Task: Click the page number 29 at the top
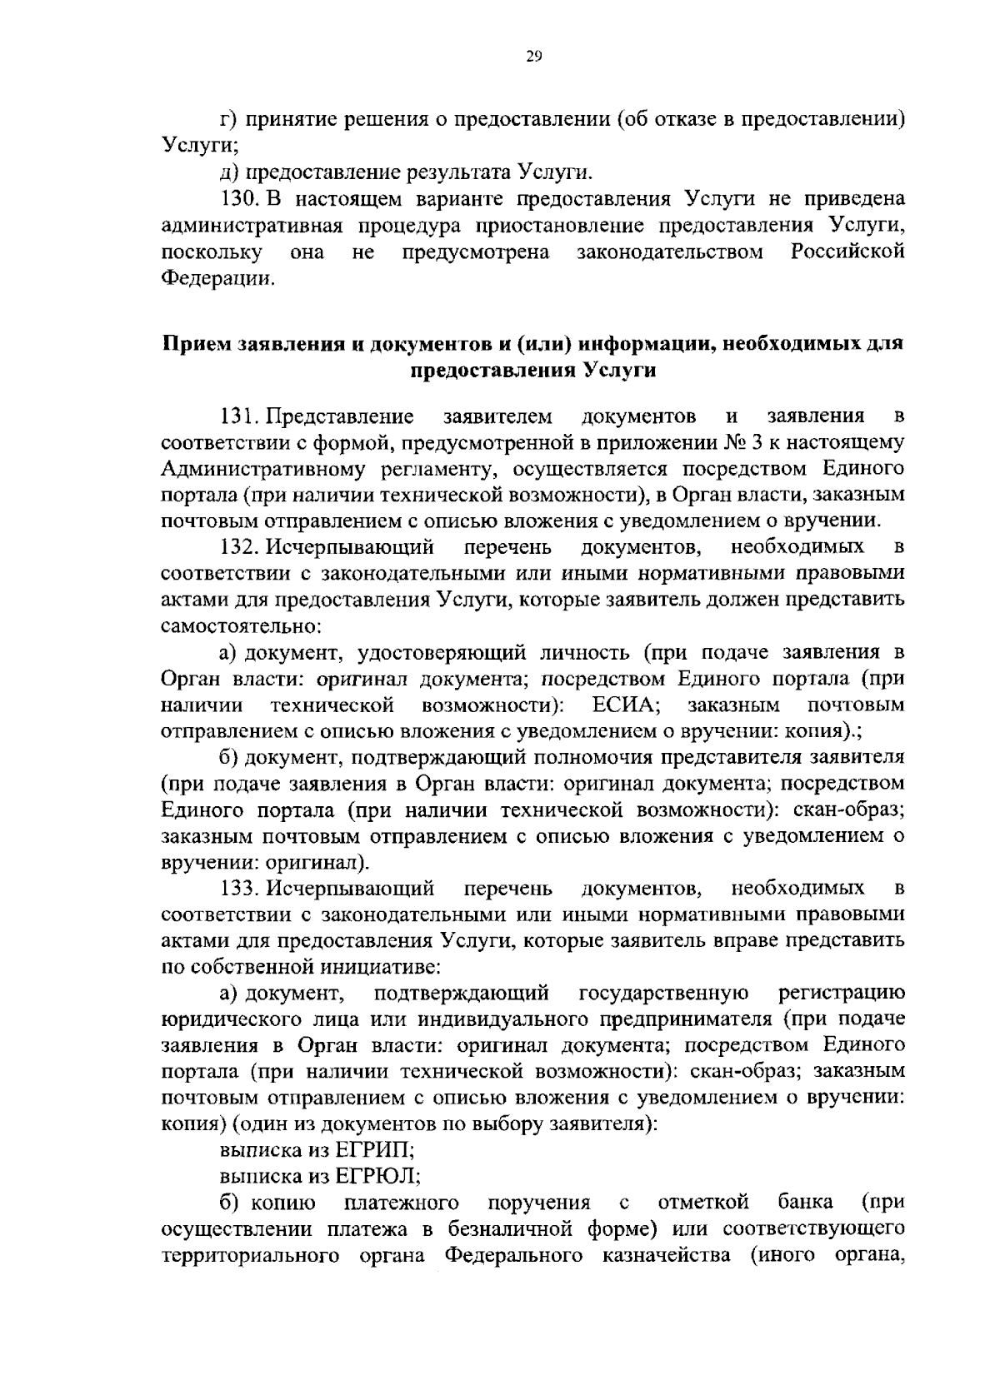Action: pyautogui.click(x=534, y=57)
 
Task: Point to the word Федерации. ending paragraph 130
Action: pyautogui.click(x=217, y=278)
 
